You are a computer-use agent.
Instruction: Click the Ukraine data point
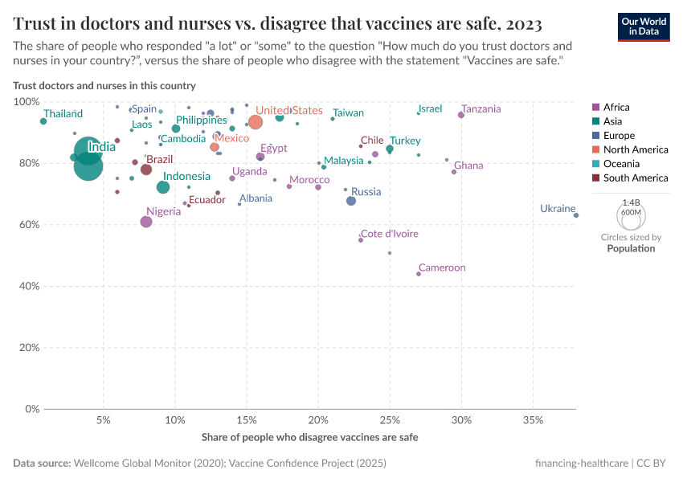(x=576, y=215)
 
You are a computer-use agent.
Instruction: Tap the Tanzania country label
(x=481, y=109)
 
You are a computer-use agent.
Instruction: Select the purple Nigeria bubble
(x=146, y=222)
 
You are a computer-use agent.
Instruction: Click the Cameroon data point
(x=419, y=274)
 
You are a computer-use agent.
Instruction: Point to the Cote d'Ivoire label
(x=389, y=234)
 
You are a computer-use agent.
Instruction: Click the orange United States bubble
(x=256, y=122)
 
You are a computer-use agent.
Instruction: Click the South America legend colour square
(x=595, y=178)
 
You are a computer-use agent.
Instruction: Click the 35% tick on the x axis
(x=533, y=421)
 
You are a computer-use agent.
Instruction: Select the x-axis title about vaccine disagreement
(x=309, y=438)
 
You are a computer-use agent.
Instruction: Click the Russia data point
(x=351, y=201)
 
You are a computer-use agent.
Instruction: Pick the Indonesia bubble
(x=163, y=187)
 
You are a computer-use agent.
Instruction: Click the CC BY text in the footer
(x=656, y=464)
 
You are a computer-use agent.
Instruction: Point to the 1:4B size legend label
(x=631, y=204)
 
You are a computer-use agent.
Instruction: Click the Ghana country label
(x=468, y=165)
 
